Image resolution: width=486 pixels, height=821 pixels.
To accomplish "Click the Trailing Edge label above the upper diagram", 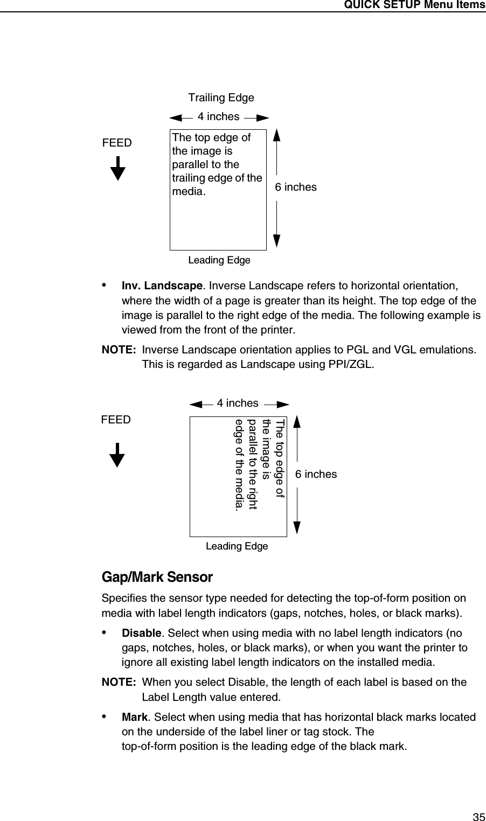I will pos(221,98).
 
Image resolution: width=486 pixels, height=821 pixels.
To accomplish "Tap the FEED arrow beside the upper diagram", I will pos(118,169).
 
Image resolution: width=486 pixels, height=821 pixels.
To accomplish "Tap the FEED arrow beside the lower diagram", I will pos(117,455).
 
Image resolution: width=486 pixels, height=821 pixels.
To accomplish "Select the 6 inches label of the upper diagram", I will pos(296,187).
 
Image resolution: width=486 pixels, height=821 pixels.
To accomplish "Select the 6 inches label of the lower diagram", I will pos(316,474).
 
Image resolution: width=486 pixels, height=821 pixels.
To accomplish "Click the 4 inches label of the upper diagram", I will pos(218,116).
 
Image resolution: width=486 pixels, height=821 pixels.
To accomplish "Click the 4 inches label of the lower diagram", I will pos(237,403).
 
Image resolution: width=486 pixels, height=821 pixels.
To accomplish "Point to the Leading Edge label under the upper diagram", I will pos(219,261).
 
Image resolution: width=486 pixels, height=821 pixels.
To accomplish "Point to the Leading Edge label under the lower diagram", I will pos(237,546).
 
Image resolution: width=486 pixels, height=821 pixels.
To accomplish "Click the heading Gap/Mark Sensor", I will pos(157,578).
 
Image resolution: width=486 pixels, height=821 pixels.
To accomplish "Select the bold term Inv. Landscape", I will pos(162,285).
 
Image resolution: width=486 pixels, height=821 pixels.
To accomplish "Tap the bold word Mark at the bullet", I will pos(135,717).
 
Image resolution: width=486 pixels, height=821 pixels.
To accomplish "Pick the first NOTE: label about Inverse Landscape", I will pos(119,350).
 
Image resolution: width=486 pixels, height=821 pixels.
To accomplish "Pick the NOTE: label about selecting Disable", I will pos(119,683).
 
